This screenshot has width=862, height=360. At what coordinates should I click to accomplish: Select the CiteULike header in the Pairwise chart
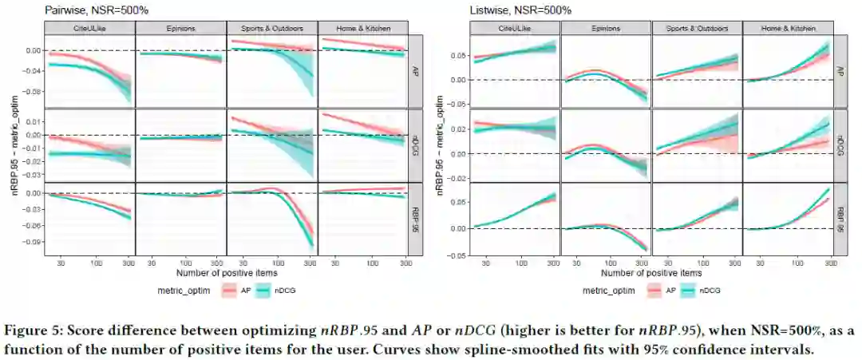pos(89,28)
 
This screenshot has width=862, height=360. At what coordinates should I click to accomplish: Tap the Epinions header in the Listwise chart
pos(606,28)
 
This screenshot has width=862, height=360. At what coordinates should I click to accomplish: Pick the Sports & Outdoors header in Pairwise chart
pos(272,28)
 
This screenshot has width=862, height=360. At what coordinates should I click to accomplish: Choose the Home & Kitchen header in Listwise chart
pos(787,28)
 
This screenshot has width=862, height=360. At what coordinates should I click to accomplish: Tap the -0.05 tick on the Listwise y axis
pos(457,255)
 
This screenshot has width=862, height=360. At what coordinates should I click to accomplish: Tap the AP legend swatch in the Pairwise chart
pos(227,291)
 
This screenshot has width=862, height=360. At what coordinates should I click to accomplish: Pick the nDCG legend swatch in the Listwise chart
pos(690,291)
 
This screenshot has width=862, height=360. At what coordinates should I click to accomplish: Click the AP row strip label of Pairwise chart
pos(413,70)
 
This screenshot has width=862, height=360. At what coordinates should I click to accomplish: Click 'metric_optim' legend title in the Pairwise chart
pos(183,291)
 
